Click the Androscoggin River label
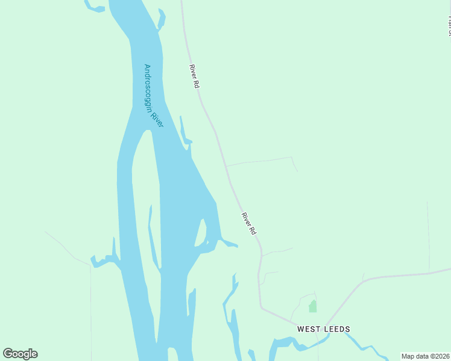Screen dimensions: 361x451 pyautogui.click(x=154, y=96)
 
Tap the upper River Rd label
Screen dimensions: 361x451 pyautogui.click(x=194, y=77)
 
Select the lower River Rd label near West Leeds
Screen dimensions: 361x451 pyautogui.click(x=249, y=223)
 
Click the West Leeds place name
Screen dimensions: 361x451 pyautogui.click(x=323, y=329)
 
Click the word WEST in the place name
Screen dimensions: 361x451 pyautogui.click(x=309, y=329)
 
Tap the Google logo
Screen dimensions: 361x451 pyautogui.click(x=20, y=353)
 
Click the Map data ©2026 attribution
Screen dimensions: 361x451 pyautogui.click(x=426, y=356)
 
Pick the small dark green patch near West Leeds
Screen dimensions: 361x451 pyautogui.click(x=312, y=306)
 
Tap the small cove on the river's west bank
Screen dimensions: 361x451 pyautogui.click(x=102, y=260)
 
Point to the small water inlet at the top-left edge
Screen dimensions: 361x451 pyautogui.click(x=93, y=7)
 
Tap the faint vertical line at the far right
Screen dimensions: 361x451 pyautogui.click(x=428, y=235)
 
